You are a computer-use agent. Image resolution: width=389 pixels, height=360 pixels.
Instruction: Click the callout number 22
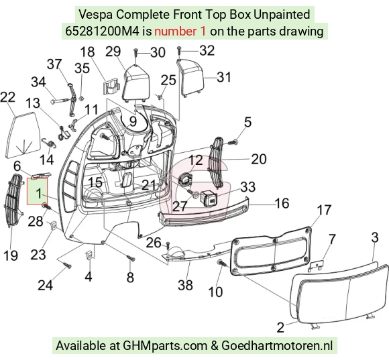(x=8, y=97)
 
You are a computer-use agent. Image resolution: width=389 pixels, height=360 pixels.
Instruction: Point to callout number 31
(x=224, y=77)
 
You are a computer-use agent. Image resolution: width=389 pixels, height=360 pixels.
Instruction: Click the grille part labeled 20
(x=217, y=162)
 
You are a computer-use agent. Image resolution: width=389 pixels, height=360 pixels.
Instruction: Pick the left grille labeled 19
(x=14, y=200)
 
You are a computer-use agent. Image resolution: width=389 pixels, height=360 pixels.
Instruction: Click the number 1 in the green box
(x=39, y=193)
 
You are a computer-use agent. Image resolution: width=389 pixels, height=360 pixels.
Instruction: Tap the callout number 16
(x=282, y=203)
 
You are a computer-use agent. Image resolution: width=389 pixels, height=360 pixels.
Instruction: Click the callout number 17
(x=324, y=211)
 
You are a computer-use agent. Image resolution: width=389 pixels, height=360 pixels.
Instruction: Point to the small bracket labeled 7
(x=317, y=265)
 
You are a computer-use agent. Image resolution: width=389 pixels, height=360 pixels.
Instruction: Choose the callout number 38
(x=185, y=285)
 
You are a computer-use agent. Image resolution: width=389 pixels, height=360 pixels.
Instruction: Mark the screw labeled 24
(x=67, y=265)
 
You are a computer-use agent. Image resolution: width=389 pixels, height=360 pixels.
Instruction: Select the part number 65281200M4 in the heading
(x=102, y=32)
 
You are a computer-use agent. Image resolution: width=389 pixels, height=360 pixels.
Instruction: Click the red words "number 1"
(x=180, y=32)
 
